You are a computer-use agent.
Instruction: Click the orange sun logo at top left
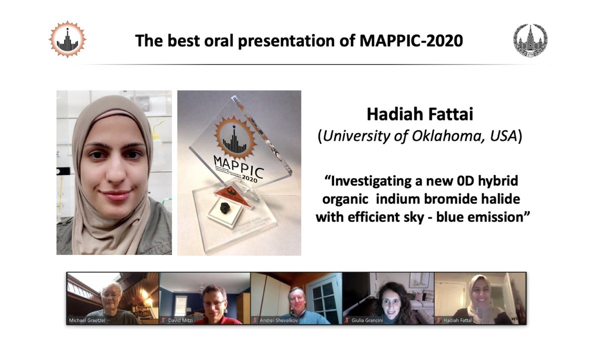[x=67, y=39]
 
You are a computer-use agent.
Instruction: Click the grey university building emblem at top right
[x=530, y=40]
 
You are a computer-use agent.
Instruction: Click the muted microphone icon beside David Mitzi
[x=163, y=320]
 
